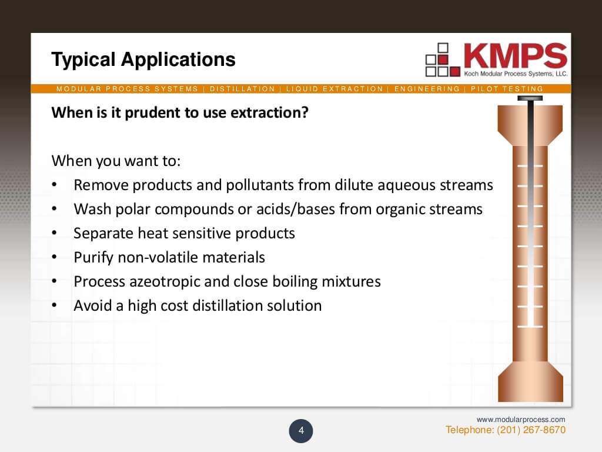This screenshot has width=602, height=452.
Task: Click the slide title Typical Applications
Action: pos(143,59)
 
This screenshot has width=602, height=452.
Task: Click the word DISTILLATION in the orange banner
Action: pos(242,89)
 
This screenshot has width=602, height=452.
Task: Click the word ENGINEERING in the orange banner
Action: pos(427,89)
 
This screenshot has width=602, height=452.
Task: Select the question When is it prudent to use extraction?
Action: pos(180,112)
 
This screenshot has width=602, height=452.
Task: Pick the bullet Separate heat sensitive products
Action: pos(184,233)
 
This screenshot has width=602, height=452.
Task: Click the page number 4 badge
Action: pos(301,431)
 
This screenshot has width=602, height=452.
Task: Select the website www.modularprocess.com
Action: pos(520,419)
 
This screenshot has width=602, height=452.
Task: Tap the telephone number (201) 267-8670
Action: pos(531,430)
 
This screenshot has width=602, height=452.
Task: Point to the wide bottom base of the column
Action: pos(530,381)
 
